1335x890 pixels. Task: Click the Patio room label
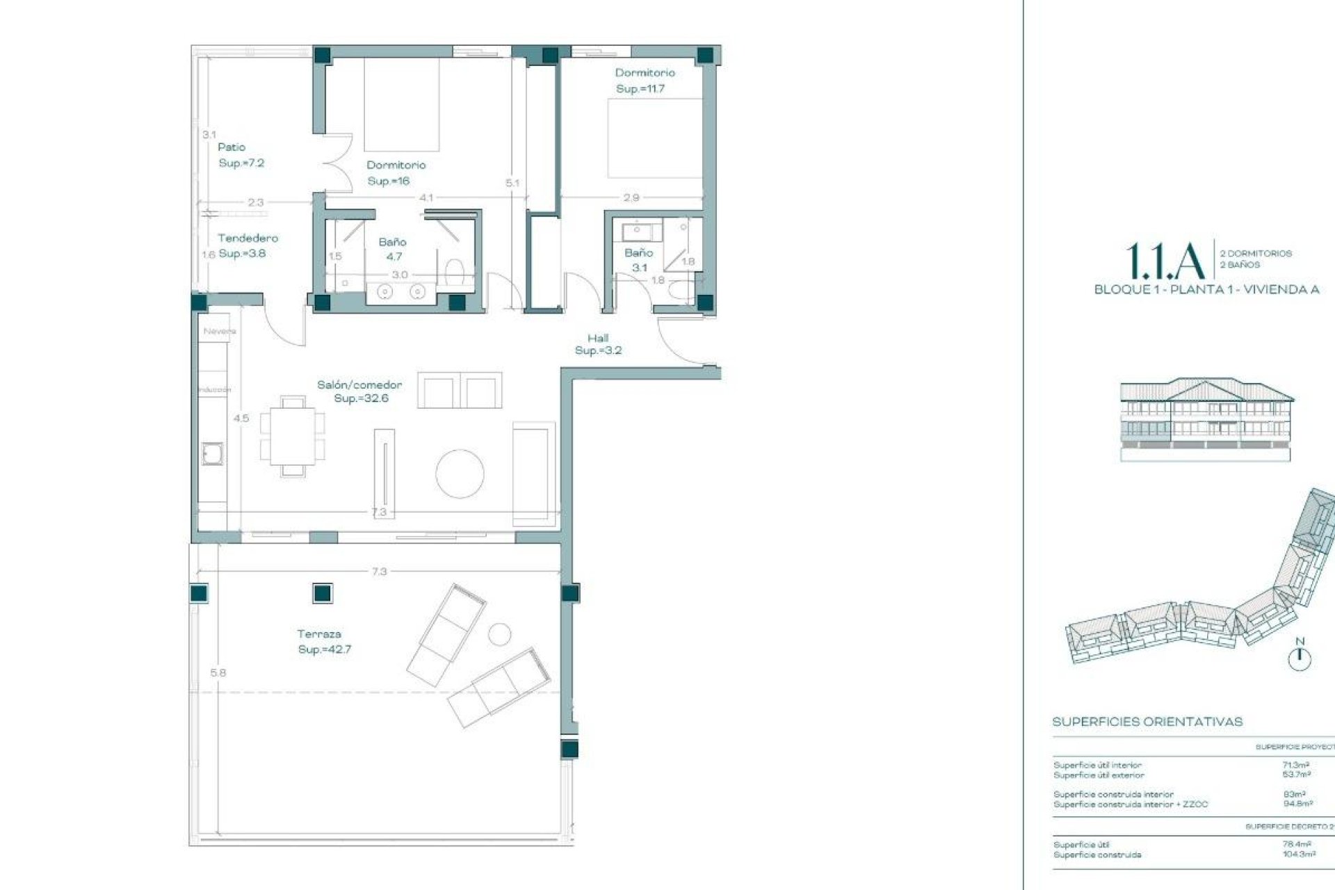(232, 147)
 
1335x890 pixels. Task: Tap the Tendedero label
(248, 238)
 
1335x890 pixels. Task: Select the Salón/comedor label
(359, 385)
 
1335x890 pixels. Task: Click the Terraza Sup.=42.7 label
(324, 642)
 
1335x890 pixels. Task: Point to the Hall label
(598, 339)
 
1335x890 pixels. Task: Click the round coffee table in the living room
(460, 474)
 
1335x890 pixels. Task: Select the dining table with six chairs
(292, 436)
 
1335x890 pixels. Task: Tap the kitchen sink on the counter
(211, 454)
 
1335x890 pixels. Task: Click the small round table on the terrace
(499, 634)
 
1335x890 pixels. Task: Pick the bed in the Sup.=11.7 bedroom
(654, 138)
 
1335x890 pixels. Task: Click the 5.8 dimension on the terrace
(218, 672)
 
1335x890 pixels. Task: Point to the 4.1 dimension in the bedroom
(426, 197)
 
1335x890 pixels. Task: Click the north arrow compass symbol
(1300, 658)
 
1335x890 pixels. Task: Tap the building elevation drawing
(1206, 419)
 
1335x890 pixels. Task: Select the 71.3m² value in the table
(1295, 765)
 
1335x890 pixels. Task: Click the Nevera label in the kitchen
(219, 331)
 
